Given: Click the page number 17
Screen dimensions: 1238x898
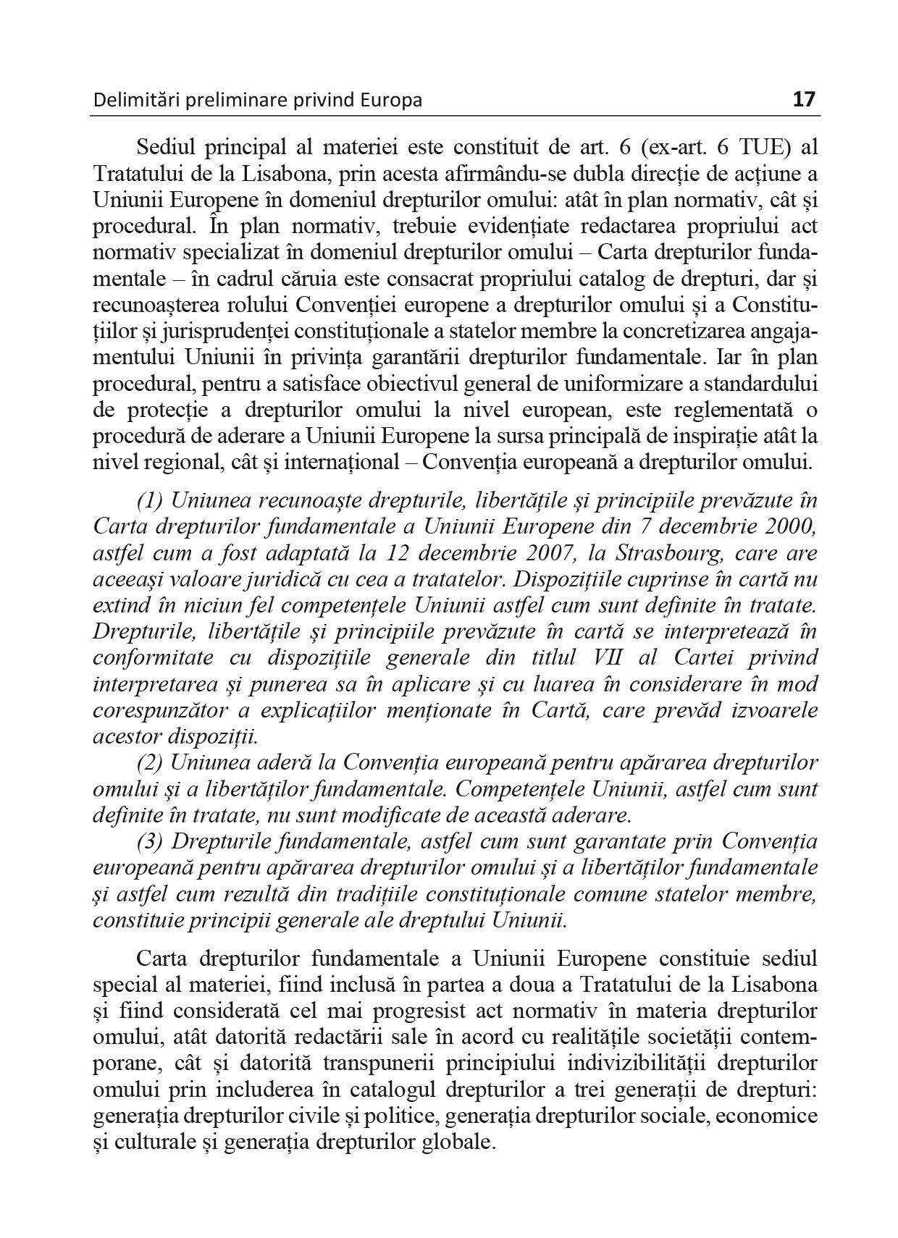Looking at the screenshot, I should (804, 98).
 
